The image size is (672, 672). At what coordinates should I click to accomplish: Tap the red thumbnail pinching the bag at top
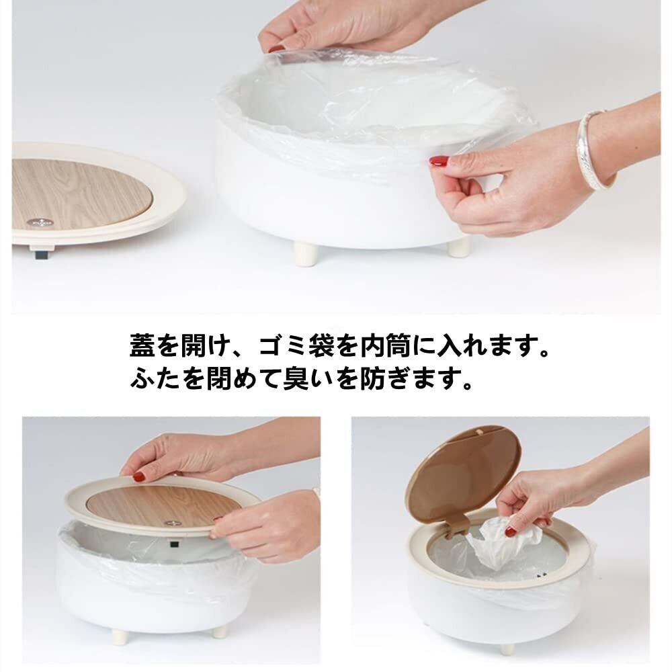pos(276,49)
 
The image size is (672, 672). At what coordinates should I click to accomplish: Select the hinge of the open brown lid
pos(454,526)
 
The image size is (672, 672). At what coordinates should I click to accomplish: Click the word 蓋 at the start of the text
pos(142,346)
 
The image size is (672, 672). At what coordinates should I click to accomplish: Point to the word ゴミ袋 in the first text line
pos(296,346)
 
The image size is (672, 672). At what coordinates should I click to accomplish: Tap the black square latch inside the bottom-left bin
pos(174,545)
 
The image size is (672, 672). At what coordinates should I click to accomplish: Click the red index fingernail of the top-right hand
pos(439,161)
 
